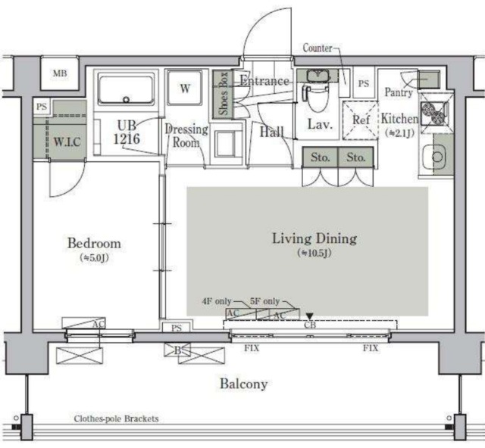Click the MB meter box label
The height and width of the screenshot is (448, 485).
60,73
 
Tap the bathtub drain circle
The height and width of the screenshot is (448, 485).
126,99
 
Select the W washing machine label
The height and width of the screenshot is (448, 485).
185,89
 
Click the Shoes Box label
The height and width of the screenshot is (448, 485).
224,94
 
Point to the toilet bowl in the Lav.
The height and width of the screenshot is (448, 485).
316,99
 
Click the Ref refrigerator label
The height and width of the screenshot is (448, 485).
361,120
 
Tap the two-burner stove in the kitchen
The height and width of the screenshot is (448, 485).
434,114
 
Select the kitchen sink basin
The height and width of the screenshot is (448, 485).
433,157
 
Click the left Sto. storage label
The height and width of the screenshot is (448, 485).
320,157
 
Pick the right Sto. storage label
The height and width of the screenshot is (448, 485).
356,157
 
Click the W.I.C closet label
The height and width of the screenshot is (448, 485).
67,142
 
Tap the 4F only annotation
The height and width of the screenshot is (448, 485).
217,301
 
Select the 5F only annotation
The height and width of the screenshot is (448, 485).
264,301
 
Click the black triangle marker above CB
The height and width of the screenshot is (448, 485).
310,316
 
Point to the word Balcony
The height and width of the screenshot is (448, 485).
244,384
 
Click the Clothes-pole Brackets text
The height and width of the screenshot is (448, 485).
116,419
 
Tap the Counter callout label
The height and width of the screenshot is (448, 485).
318,48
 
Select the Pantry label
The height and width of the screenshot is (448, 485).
399,92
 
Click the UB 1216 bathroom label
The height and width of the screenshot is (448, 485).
127,132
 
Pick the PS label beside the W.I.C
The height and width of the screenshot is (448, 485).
42,107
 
